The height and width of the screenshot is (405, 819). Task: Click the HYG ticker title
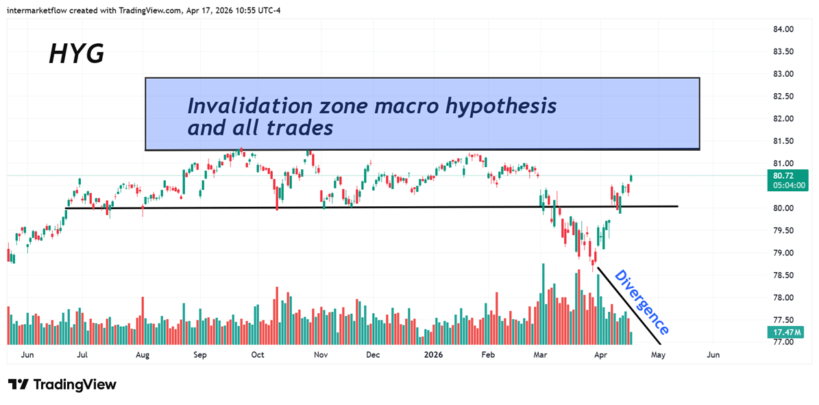(76, 53)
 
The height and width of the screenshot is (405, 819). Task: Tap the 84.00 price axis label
(783, 29)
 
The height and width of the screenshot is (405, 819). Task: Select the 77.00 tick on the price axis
(783, 342)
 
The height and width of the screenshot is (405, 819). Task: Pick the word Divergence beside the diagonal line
(641, 302)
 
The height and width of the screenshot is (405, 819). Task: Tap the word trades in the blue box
(304, 127)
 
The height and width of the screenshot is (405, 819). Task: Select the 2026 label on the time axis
(434, 355)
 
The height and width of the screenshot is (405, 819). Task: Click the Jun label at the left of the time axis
(27, 355)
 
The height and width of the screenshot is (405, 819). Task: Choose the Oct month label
(258, 355)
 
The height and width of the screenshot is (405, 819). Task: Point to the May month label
(658, 355)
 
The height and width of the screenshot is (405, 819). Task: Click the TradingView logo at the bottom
(62, 384)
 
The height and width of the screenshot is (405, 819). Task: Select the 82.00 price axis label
(783, 119)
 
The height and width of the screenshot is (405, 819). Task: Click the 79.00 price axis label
(783, 253)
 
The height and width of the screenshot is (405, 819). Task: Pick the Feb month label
(488, 355)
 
